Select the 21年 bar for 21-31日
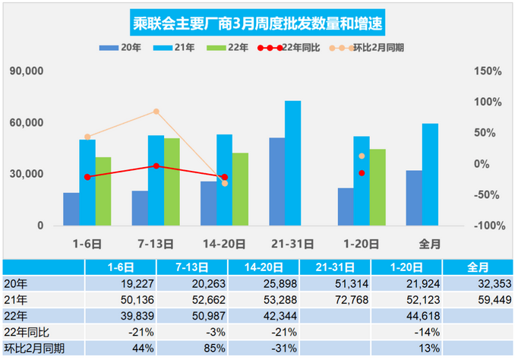pos(292,163)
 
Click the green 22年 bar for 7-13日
pos(172,182)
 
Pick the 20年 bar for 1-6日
pos(71,209)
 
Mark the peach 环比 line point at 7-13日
pos(156,112)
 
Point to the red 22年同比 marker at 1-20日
pos(362,173)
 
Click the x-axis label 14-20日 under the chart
pos(224,244)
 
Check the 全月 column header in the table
pos(478,267)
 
